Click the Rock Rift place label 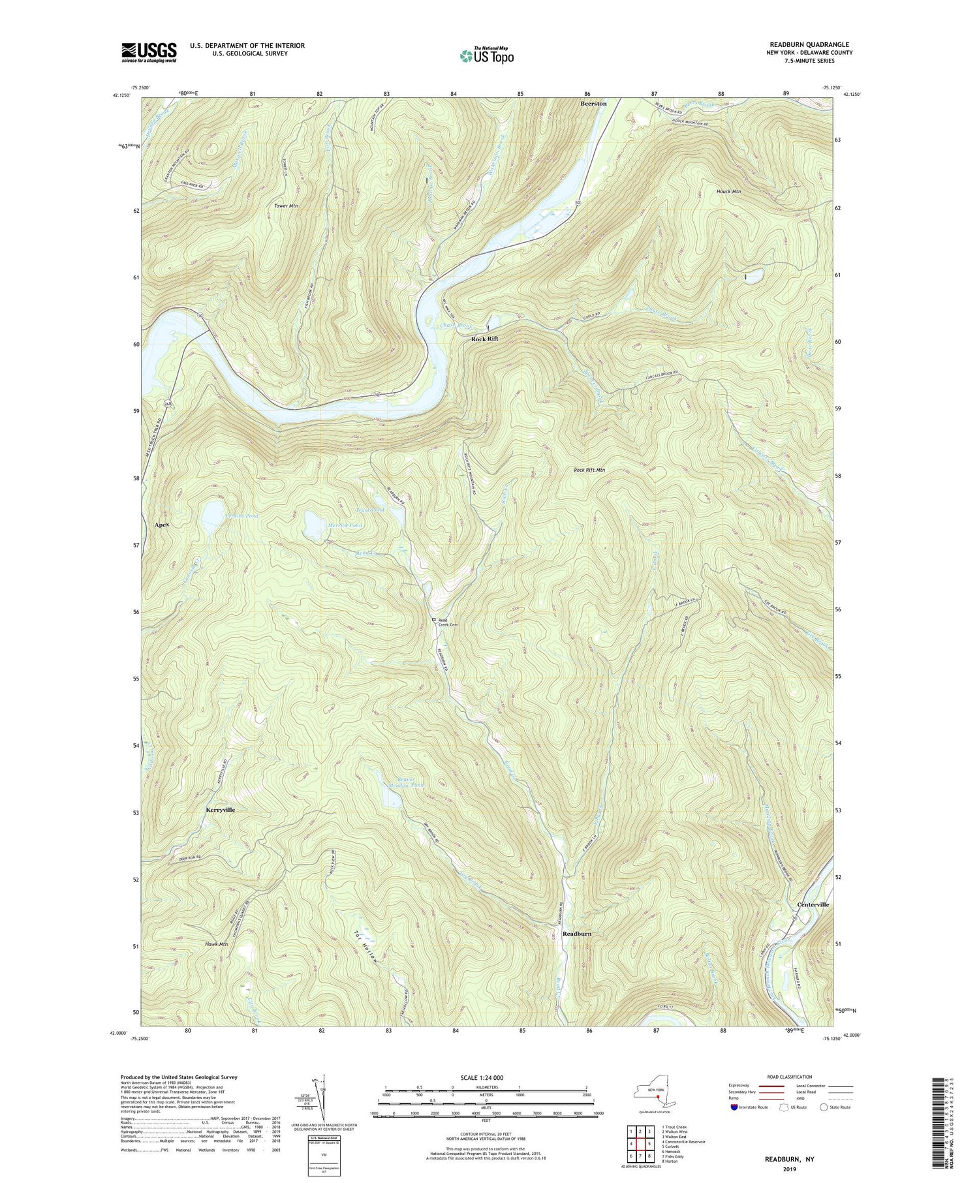[x=484, y=339]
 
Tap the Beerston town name [x=593, y=104]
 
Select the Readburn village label [x=577, y=934]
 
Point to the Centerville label [x=813, y=905]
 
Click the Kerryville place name [x=220, y=810]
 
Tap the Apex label [x=162, y=525]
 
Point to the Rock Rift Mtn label [x=589, y=470]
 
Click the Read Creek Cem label [x=446, y=622]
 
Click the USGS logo [x=148, y=52]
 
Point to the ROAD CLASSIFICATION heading [x=789, y=1077]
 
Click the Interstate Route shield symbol [x=735, y=1107]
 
